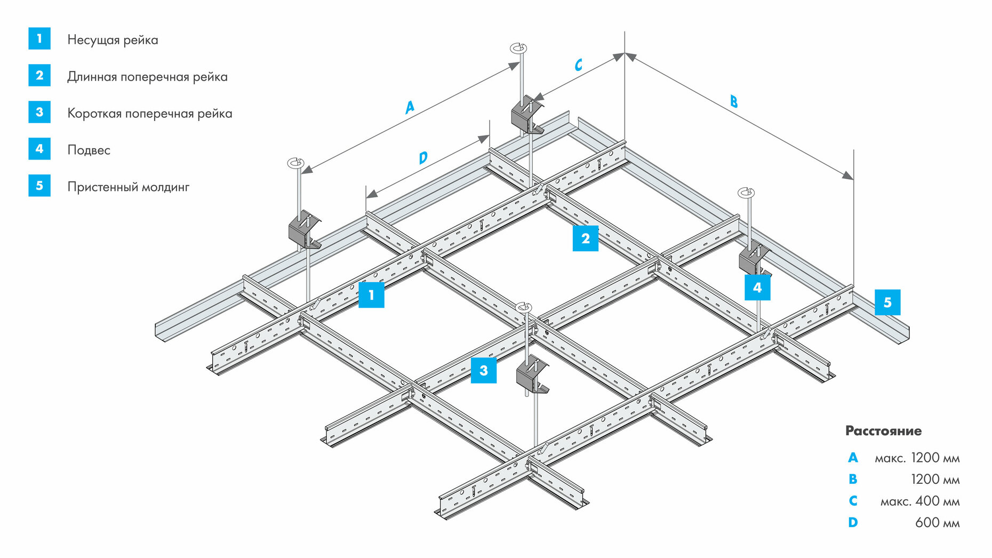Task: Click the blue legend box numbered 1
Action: coord(39,38)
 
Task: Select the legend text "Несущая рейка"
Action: coord(113,40)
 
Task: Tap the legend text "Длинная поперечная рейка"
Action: coord(147,77)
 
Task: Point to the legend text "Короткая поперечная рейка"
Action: coord(149,114)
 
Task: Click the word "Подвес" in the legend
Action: coord(89,150)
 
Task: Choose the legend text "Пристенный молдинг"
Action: coord(128,187)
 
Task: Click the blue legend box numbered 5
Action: coord(39,186)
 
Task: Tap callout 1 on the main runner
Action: coord(371,295)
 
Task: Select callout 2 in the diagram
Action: coord(585,238)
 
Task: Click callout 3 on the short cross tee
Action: coord(483,370)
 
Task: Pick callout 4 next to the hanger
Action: coord(757,288)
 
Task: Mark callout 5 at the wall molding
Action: coord(887,302)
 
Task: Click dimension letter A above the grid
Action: coord(409,107)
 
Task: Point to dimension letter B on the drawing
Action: coord(734,101)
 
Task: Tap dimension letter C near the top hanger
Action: coord(578,65)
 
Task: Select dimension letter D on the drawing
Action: coord(423,158)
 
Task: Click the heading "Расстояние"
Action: coord(883,431)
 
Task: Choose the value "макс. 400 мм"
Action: coord(919,501)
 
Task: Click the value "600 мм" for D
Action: coord(937,523)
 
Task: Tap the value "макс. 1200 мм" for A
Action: coord(917,458)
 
